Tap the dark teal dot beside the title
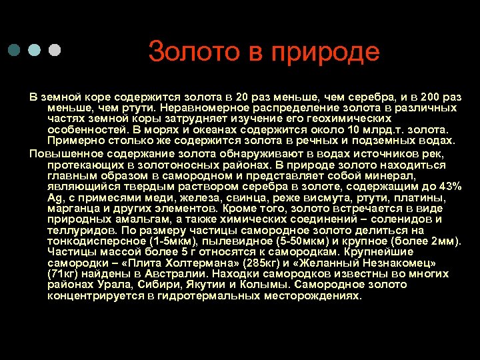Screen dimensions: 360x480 point(15,51)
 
